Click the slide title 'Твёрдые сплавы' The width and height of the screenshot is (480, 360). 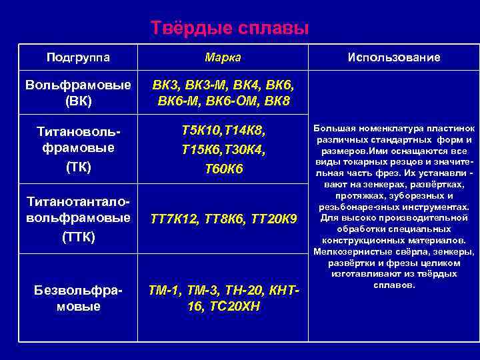point(230,29)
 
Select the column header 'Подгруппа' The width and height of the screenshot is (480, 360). point(78,57)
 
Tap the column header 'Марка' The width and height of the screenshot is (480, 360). point(223,57)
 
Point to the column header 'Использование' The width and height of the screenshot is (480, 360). point(393,57)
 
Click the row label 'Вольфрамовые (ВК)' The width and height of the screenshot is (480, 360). point(78,93)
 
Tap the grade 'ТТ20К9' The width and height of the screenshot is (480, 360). point(278,219)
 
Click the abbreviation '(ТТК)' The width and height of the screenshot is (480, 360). point(78,237)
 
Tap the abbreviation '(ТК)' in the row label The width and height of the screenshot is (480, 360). point(78,167)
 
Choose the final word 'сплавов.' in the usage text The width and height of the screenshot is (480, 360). point(393,285)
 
